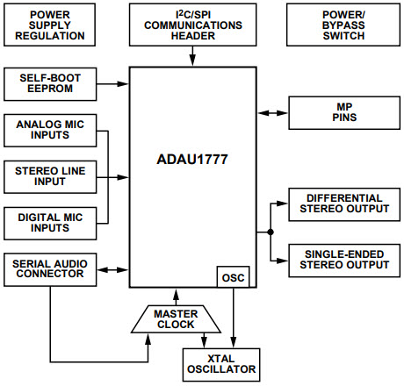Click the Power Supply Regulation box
click(x=49, y=25)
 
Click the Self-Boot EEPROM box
click(x=49, y=84)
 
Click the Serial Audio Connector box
click(x=49, y=268)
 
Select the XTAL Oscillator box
click(x=220, y=362)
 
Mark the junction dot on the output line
click(x=270, y=232)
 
